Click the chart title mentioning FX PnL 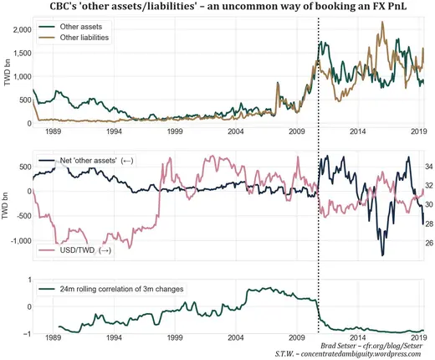pyautogui.click(x=219, y=8)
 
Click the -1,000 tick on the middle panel pyautogui.click(x=17, y=241)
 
